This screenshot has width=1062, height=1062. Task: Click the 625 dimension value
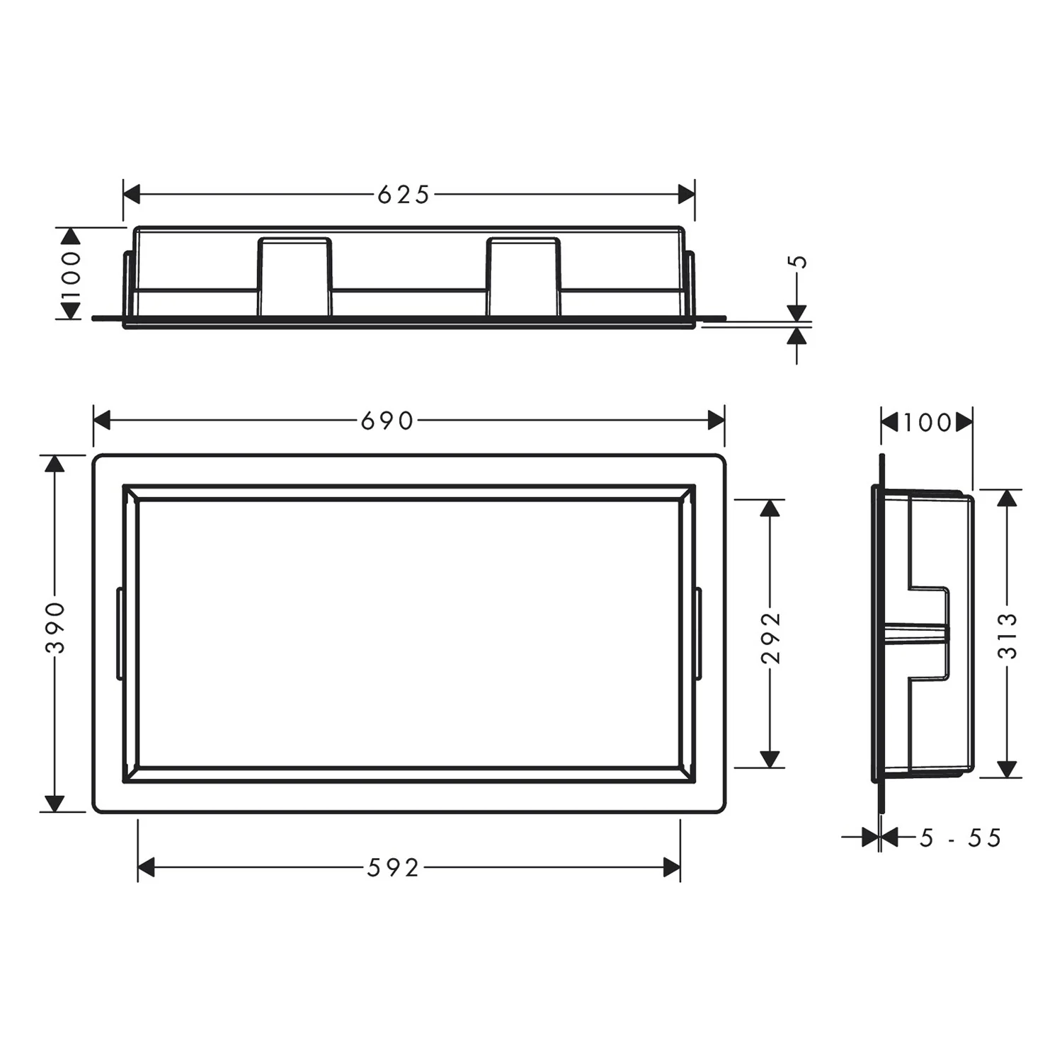tap(403, 195)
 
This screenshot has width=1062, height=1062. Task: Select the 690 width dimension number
tap(387, 421)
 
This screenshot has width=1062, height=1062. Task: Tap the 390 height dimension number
tap(55, 627)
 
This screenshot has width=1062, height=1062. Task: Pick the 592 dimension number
tap(393, 868)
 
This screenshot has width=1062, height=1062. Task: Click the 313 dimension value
tap(1007, 636)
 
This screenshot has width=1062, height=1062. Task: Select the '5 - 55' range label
tap(960, 838)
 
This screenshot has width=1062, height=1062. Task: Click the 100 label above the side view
tap(927, 423)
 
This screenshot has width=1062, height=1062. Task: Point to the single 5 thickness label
tap(798, 261)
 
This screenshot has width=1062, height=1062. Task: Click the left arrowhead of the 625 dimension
tap(132, 194)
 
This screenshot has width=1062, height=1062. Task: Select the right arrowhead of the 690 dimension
tap(716, 421)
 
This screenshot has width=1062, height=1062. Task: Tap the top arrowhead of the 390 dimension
tap(55, 463)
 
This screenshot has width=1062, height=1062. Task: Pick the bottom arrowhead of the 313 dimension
tap(1007, 769)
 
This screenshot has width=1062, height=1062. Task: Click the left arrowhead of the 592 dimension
tap(147, 867)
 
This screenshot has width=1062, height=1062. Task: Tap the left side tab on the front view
tap(120, 634)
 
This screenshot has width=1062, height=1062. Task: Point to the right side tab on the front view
tap(698, 634)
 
